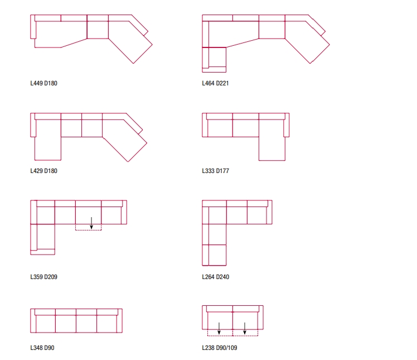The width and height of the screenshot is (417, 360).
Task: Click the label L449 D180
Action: click(x=43, y=84)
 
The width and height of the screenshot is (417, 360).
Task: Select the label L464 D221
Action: click(x=215, y=84)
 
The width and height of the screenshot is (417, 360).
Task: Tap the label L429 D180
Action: click(x=43, y=171)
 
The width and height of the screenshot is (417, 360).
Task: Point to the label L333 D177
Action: click(x=215, y=171)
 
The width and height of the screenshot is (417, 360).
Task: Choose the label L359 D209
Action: click(x=43, y=276)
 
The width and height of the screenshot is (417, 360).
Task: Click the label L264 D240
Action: click(x=215, y=276)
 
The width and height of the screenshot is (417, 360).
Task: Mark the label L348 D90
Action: click(x=42, y=348)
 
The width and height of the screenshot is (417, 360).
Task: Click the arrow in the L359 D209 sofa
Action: click(x=91, y=223)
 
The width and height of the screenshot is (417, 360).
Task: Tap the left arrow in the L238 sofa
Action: click(x=219, y=328)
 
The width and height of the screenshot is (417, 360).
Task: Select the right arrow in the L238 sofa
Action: click(x=245, y=328)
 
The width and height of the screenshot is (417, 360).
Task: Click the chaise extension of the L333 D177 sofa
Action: click(x=272, y=148)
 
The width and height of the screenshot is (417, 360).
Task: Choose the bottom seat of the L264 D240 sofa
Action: click(x=215, y=255)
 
